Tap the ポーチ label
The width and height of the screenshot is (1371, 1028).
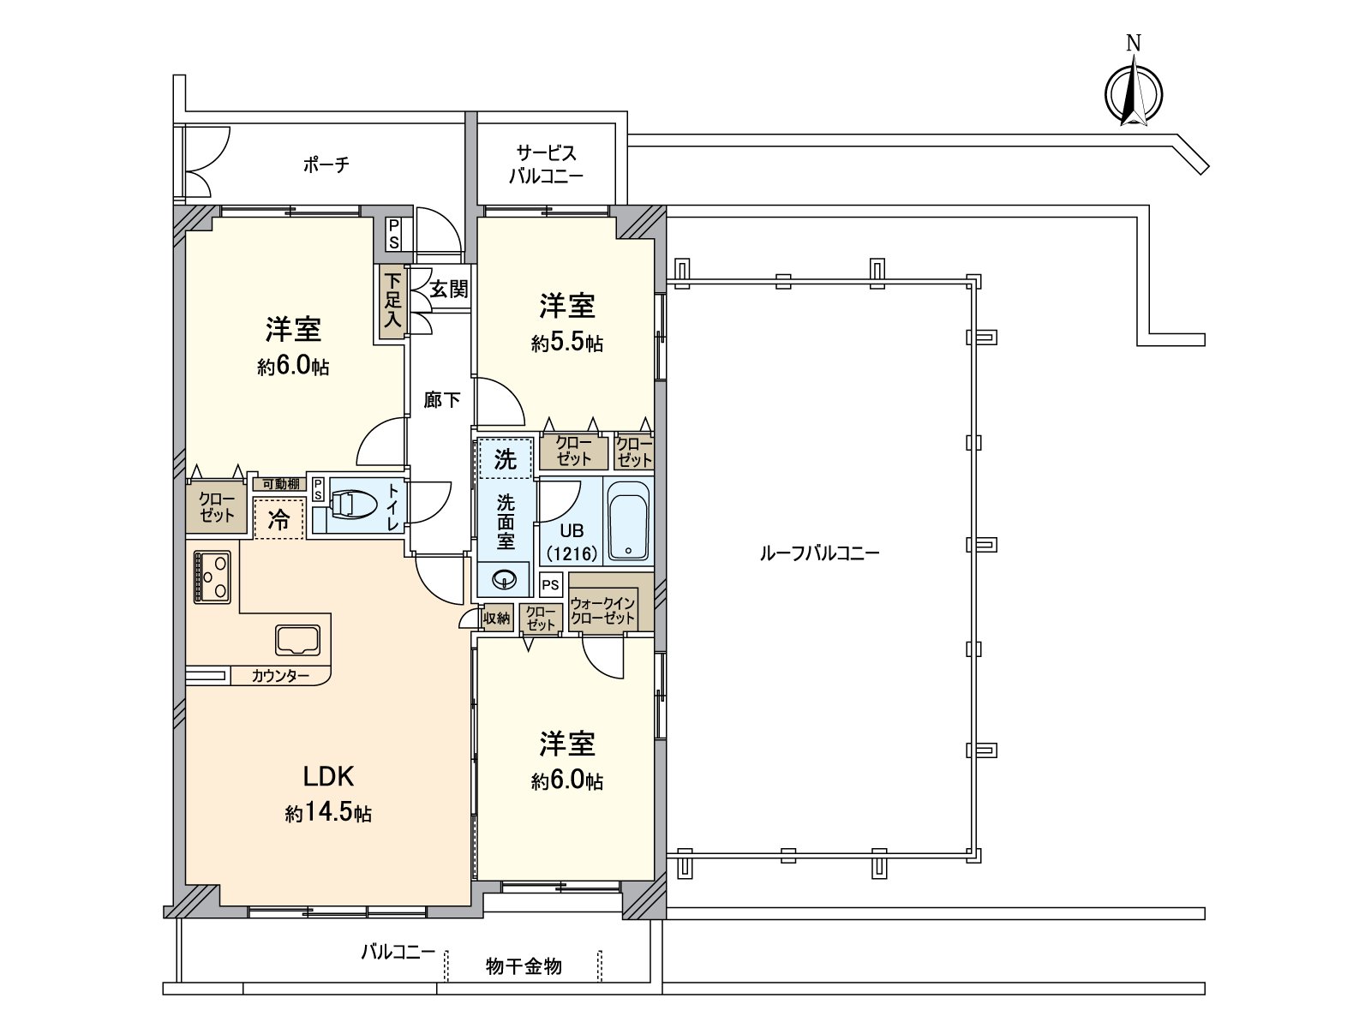pyautogui.click(x=326, y=164)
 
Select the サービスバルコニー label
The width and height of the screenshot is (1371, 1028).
pyautogui.click(x=546, y=164)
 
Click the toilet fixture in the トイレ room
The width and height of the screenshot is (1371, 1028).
pyautogui.click(x=350, y=505)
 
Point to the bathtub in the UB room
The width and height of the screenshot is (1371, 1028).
pyautogui.click(x=628, y=522)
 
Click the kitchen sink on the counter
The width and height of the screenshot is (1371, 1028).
pyautogui.click(x=297, y=639)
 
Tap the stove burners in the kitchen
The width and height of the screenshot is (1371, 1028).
pyautogui.click(x=212, y=577)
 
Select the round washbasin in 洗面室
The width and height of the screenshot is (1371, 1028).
pyautogui.click(x=506, y=581)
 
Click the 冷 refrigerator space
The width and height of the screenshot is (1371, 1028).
pyautogui.click(x=278, y=518)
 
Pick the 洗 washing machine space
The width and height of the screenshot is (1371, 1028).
pyautogui.click(x=506, y=459)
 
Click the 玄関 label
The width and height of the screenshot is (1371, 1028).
pyautogui.click(x=448, y=289)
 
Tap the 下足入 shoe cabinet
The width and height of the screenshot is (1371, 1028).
pyautogui.click(x=392, y=301)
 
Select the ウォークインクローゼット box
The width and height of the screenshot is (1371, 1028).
pyautogui.click(x=602, y=611)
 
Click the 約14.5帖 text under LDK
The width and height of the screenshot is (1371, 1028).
pyautogui.click(x=328, y=813)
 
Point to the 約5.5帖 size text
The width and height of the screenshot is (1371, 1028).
pyautogui.click(x=566, y=343)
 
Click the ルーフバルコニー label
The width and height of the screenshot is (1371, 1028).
pyautogui.click(x=819, y=553)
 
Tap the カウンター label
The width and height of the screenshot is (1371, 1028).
pyautogui.click(x=280, y=676)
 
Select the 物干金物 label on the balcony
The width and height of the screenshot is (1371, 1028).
pyautogui.click(x=523, y=967)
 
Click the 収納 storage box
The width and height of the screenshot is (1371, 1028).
pyautogui.click(x=496, y=618)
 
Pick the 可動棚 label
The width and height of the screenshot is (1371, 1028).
pyautogui.click(x=278, y=484)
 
